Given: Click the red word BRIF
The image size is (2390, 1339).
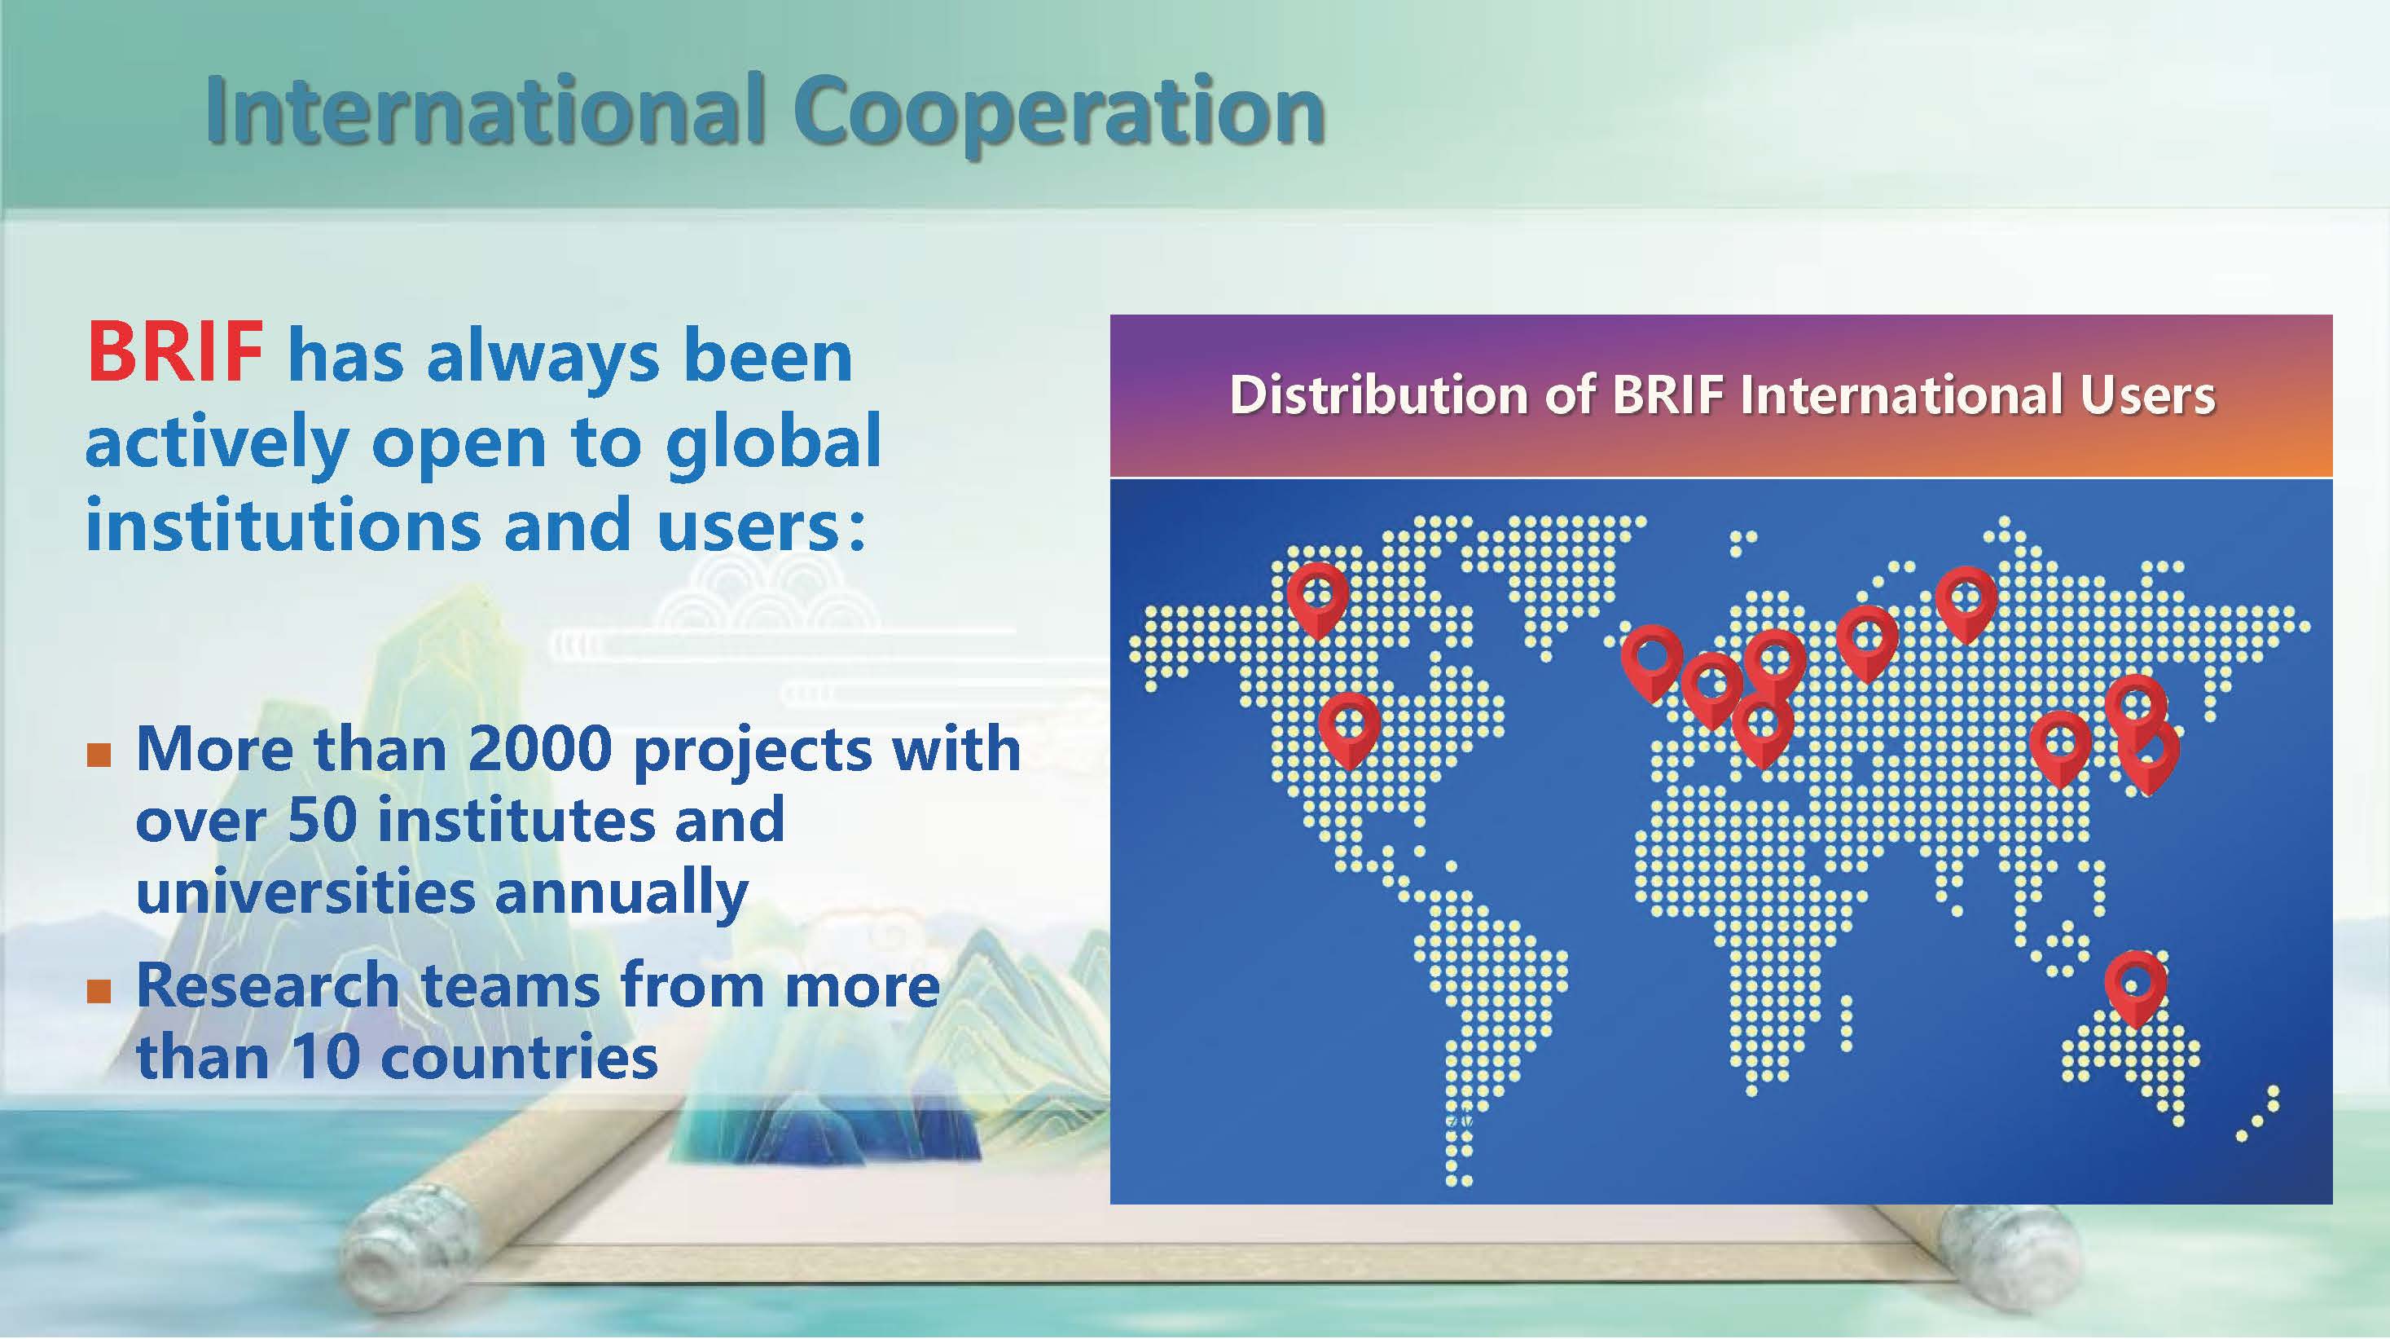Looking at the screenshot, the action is [x=174, y=354].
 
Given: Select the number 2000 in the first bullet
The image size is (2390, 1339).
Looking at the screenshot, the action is [x=539, y=749].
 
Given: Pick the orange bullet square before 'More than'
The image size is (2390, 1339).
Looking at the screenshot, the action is [x=99, y=755].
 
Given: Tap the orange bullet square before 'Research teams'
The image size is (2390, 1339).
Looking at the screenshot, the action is [x=99, y=992].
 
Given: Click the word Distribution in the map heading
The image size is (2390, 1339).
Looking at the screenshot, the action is [x=1380, y=395].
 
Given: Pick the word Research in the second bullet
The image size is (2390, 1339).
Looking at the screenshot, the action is [x=268, y=985].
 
